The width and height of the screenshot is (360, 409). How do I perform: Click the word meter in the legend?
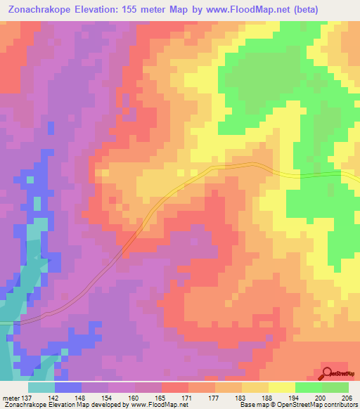click(x=10, y=397)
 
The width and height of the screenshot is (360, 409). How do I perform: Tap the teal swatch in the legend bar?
click(x=41, y=387)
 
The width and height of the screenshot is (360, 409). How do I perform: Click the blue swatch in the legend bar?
click(x=68, y=387)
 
